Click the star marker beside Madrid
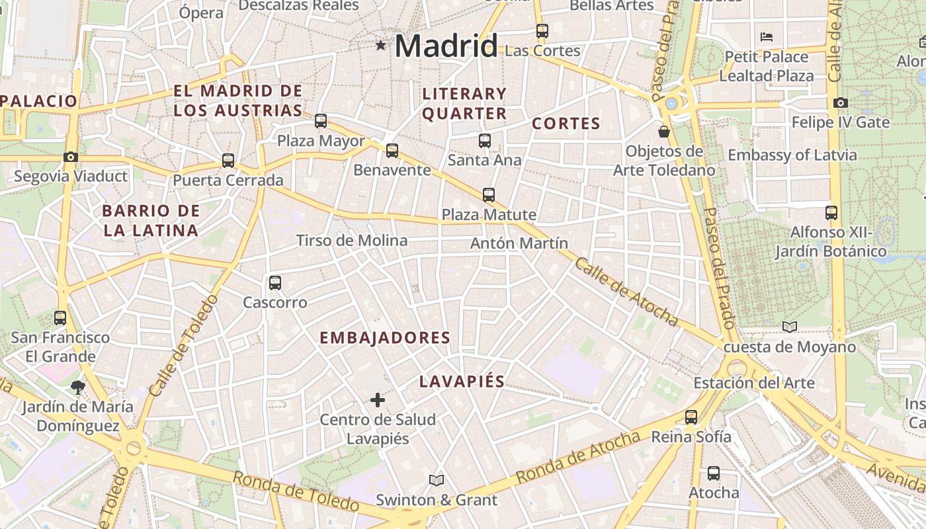point(381,45)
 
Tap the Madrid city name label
point(446,46)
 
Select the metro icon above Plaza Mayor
point(321,120)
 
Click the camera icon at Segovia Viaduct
point(71,157)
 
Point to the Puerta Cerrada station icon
point(228,160)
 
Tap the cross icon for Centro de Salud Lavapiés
point(378,400)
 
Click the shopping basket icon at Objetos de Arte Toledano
point(664,132)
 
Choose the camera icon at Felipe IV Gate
point(841,102)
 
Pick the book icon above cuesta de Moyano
point(790,327)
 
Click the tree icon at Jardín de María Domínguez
point(78,387)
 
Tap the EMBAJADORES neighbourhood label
point(385,338)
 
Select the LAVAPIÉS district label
point(462,382)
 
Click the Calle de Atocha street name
point(626,291)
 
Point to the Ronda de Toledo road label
point(296,491)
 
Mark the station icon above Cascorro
point(275,283)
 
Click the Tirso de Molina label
point(352,241)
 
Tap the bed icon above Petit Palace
point(767,37)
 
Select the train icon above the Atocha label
point(714,473)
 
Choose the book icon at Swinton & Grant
point(436,480)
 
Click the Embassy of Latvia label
point(792,155)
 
